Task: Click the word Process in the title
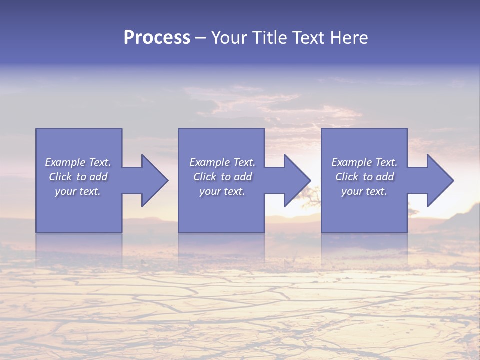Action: tap(157, 38)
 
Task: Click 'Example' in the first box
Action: tap(65, 162)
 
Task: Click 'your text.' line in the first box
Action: tap(78, 191)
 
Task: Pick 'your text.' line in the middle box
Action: tap(222, 191)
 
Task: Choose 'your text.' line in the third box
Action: tap(364, 191)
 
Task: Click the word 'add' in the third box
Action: tap(385, 177)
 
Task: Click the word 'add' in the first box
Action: tap(98, 177)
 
